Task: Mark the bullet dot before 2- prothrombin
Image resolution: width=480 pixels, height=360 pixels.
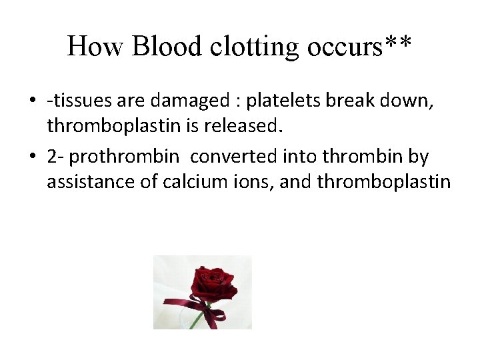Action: pyautogui.click(x=33, y=157)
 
